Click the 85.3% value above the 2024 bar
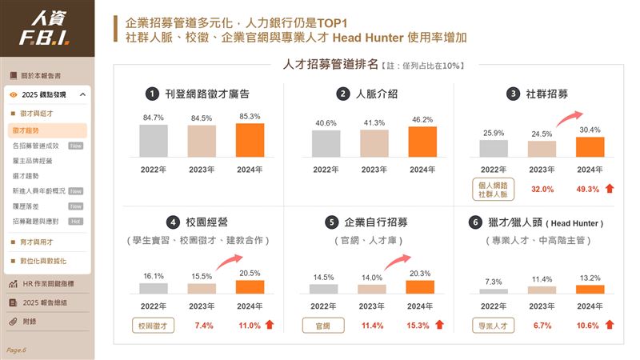(250, 115)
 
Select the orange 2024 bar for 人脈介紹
(422, 142)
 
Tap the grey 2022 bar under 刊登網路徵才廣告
(154, 140)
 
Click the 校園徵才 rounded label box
(154, 326)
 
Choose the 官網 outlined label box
(323, 326)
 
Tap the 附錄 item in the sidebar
(30, 322)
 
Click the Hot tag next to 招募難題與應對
(76, 221)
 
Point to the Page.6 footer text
(16, 350)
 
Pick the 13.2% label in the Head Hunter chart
(590, 278)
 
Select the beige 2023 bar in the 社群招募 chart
(542, 149)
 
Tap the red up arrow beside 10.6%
(610, 325)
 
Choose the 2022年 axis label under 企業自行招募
(325, 306)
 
